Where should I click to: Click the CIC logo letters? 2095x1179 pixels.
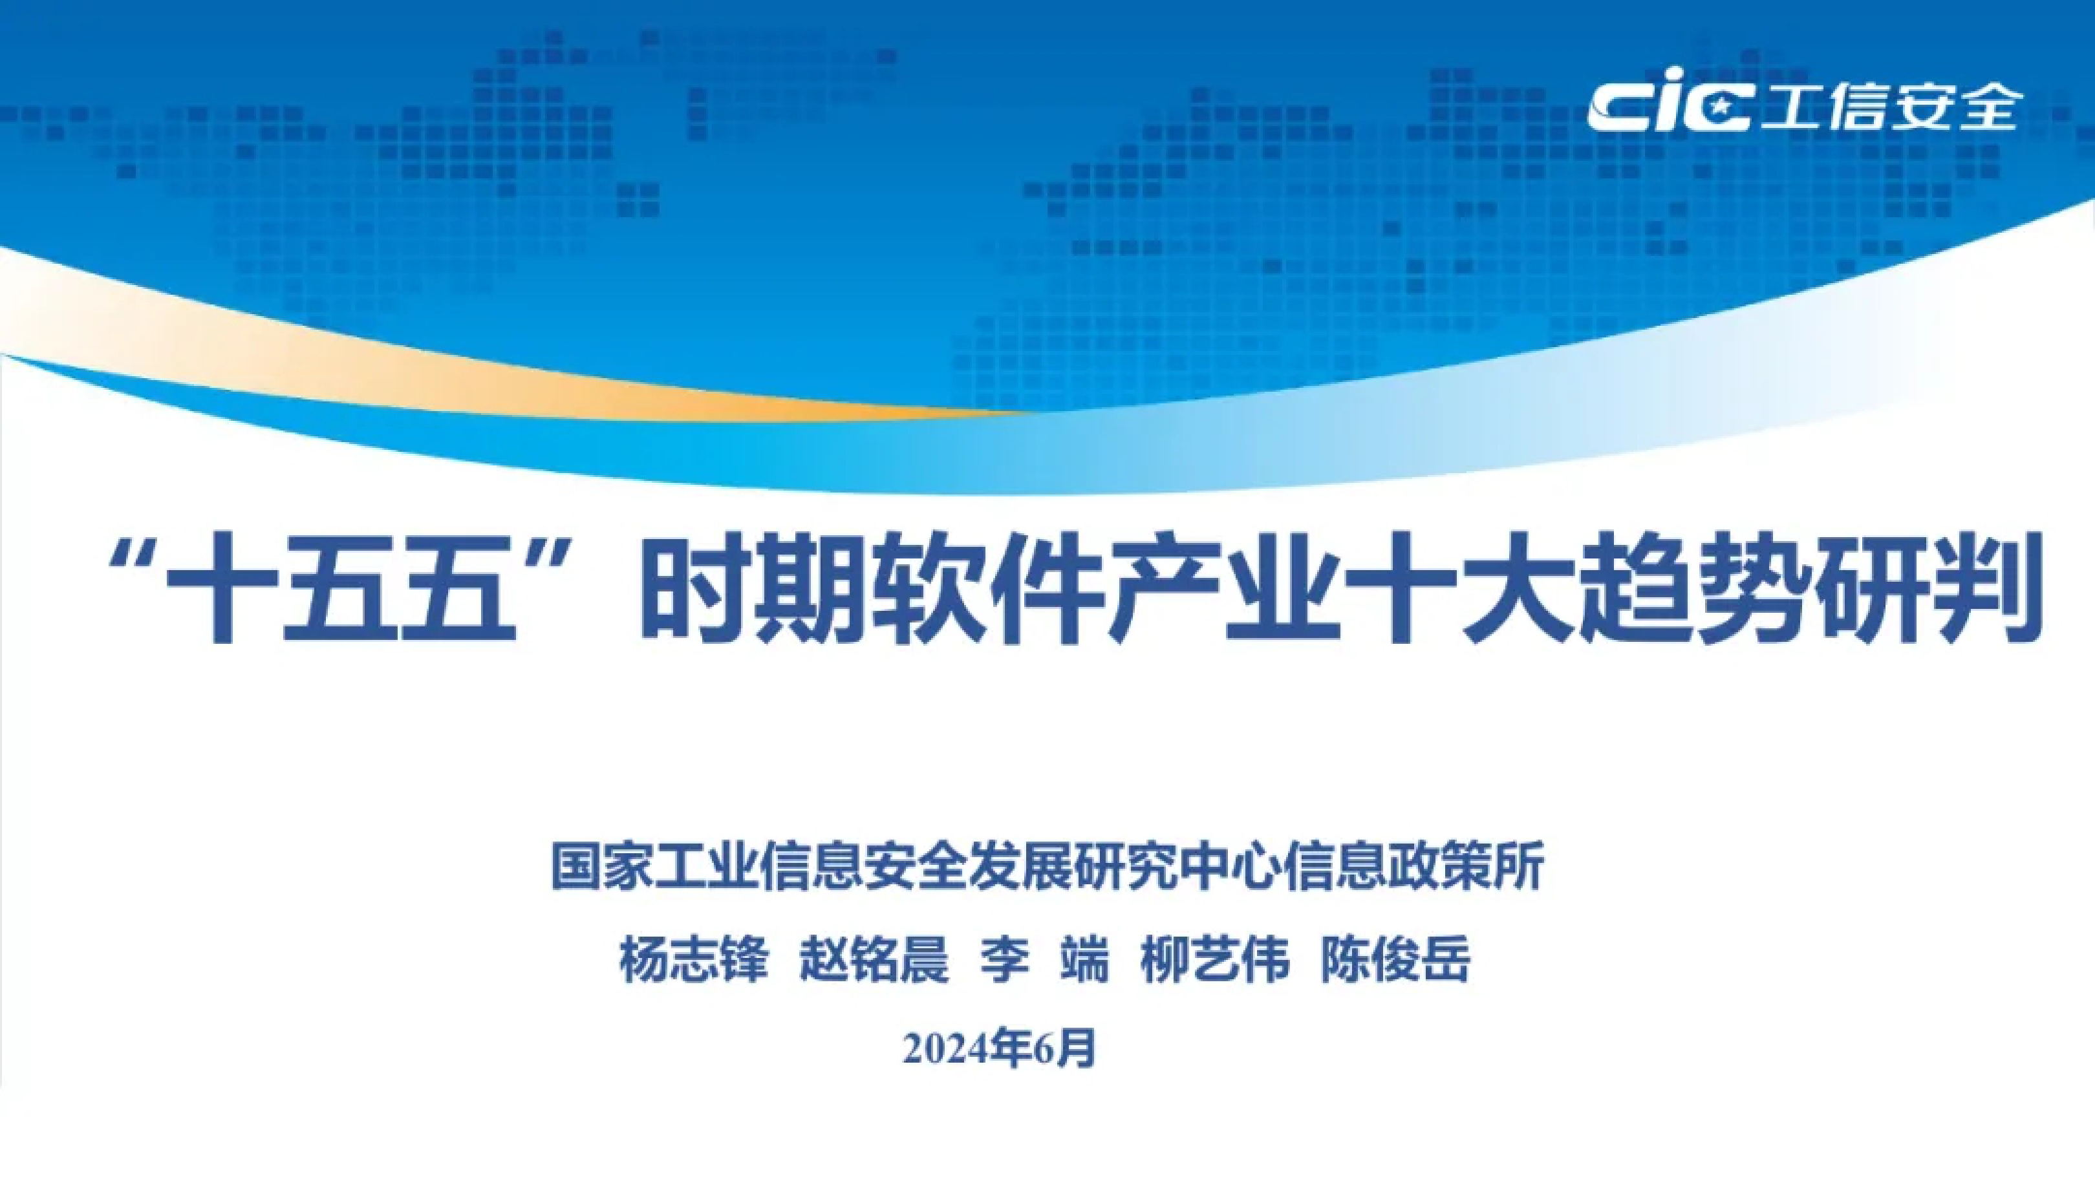pos(1668,107)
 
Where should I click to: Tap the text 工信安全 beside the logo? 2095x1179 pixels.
pos(1889,107)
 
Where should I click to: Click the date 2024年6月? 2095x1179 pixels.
pos(1000,1049)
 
